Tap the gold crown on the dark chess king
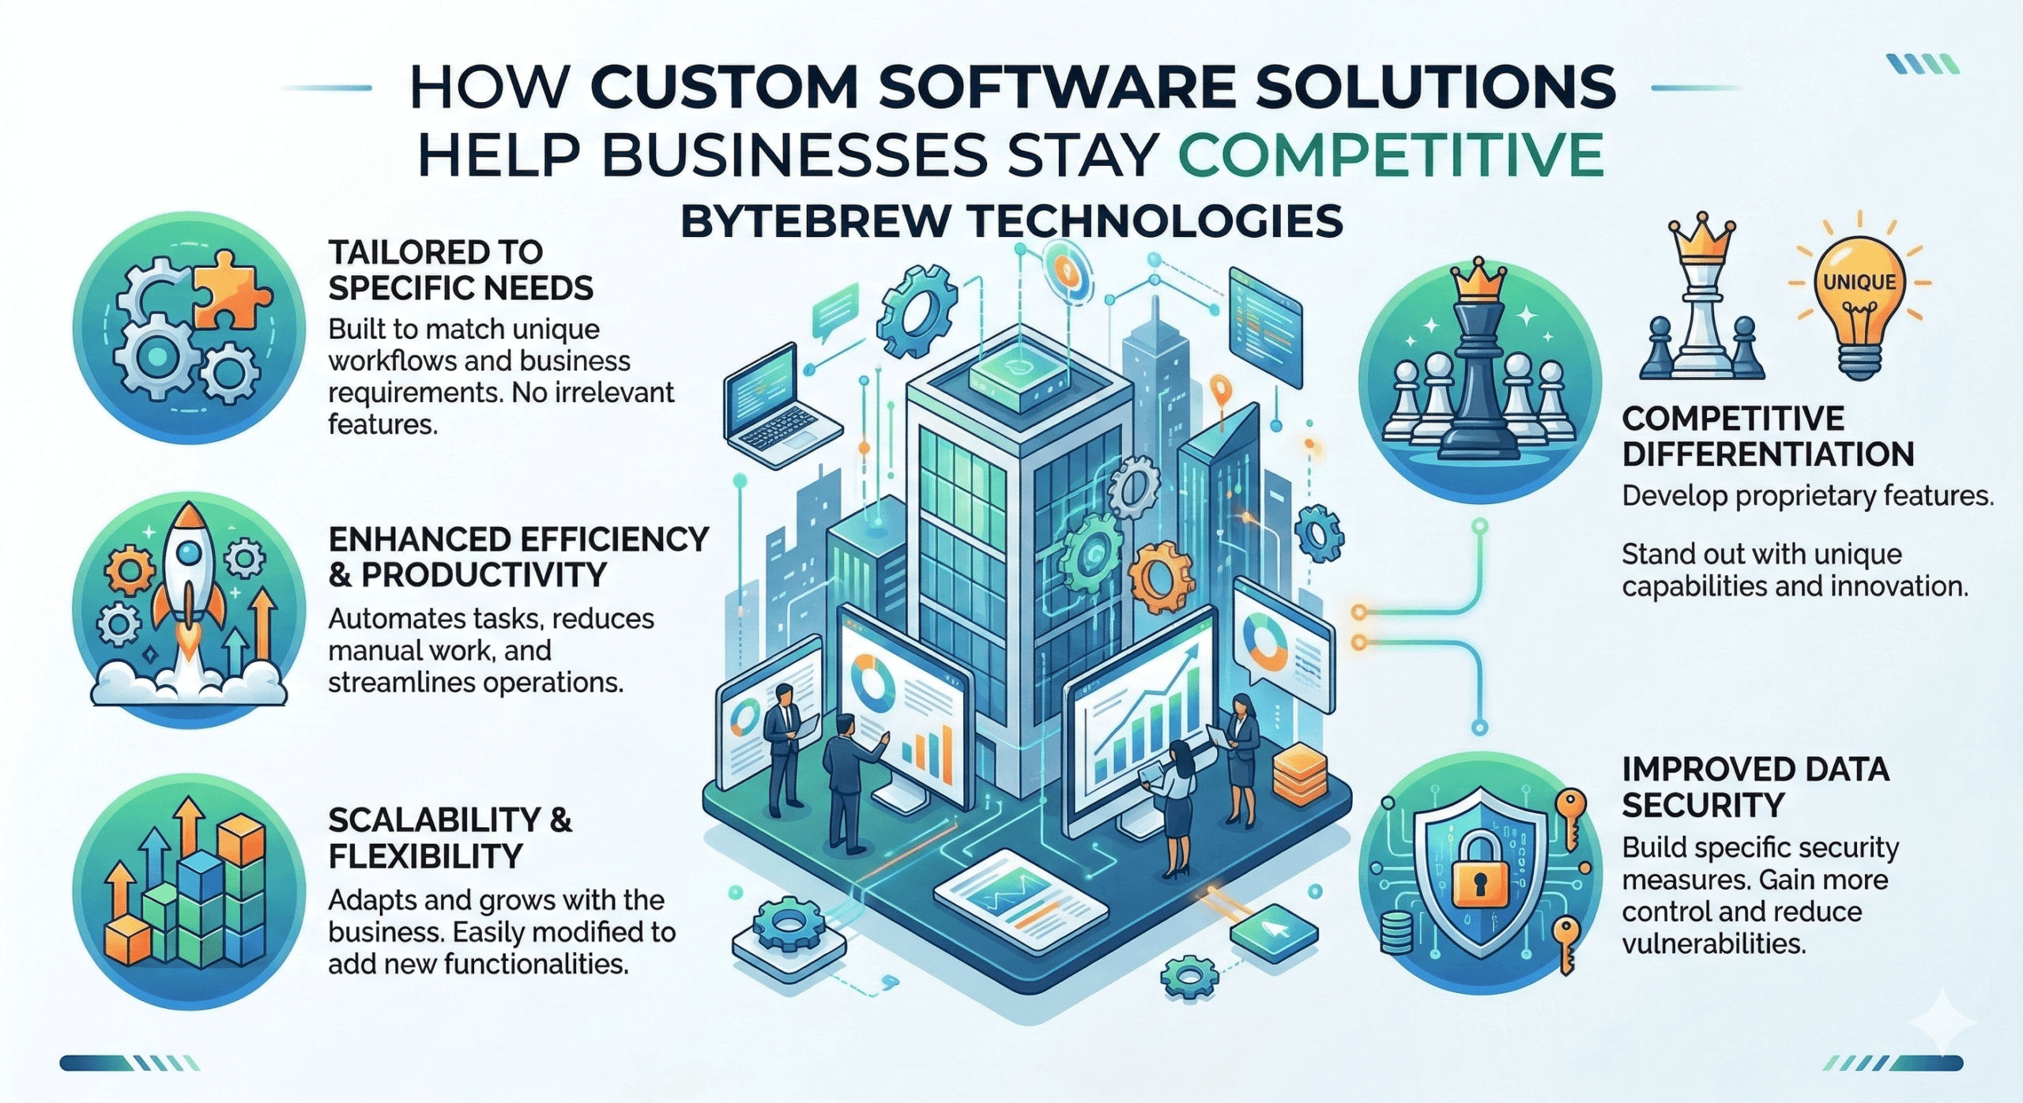click(1475, 284)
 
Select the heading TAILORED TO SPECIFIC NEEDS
click(460, 270)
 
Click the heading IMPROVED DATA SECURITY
click(1754, 787)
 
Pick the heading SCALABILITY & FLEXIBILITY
click(449, 838)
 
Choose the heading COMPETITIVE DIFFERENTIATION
click(1767, 436)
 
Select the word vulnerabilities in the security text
click(1713, 943)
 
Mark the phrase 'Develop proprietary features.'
click(1806, 496)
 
